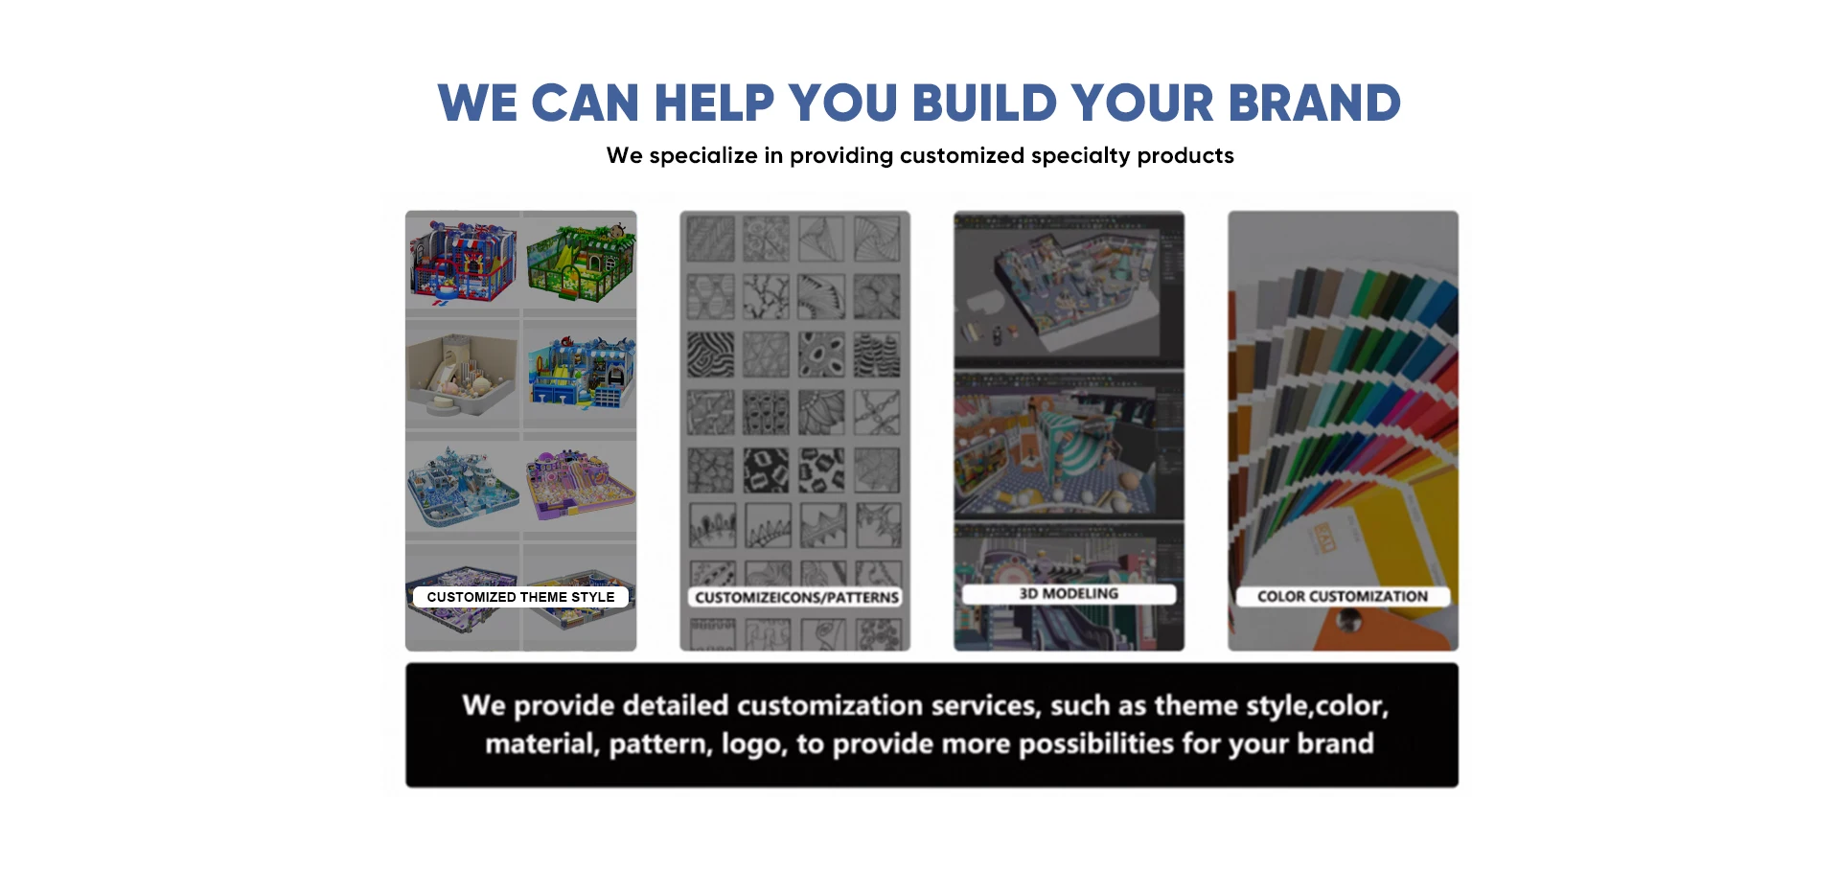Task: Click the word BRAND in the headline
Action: tap(1314, 103)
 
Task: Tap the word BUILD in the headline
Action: tap(984, 103)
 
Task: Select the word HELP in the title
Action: tap(714, 103)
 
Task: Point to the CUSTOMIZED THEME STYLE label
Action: tap(520, 597)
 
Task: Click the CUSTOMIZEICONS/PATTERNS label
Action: tap(796, 597)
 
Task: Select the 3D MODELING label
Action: tap(1069, 594)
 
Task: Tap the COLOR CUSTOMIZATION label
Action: tap(1343, 596)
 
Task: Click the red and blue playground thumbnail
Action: tap(463, 261)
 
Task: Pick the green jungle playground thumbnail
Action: tap(580, 261)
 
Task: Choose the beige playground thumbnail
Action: tap(462, 375)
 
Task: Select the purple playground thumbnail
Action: tap(580, 484)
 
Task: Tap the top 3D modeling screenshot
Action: tap(1069, 289)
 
